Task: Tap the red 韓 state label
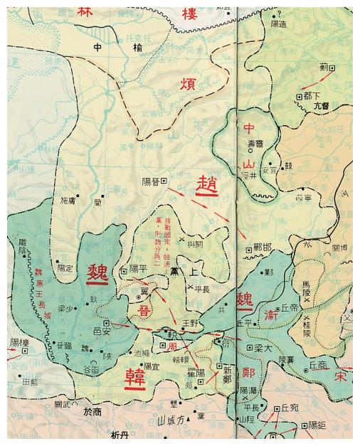pyautogui.click(x=134, y=377)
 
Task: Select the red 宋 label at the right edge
pyautogui.click(x=342, y=377)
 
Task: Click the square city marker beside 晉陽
pyautogui.click(x=165, y=181)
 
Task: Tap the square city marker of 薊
pyautogui.click(x=332, y=68)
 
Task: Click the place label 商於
pyautogui.click(x=92, y=411)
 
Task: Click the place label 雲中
pyautogui.click(x=97, y=47)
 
